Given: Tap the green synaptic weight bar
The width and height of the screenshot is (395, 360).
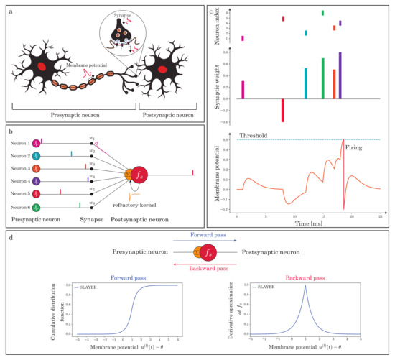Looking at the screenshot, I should coord(322,78).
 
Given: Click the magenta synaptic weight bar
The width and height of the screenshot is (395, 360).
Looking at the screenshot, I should coord(243,90).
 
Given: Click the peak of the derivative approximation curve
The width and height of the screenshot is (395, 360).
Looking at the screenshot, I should coord(286,286).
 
